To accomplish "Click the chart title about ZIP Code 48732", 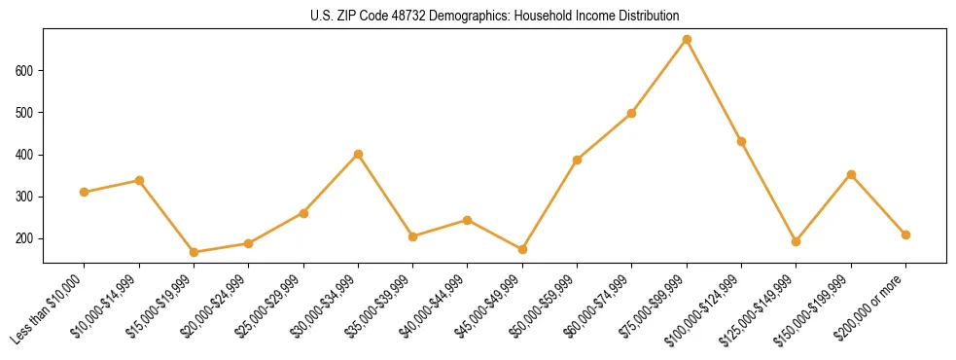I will coord(495,17).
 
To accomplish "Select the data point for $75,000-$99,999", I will coord(687,40).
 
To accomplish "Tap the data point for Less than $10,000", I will coord(85,192).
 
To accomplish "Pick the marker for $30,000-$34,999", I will coord(358,154).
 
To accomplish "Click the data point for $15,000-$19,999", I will coord(194,252).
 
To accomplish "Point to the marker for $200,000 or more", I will coord(905,234).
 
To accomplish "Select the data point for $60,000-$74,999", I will coord(632,113).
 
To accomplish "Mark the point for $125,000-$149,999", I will coord(796,241).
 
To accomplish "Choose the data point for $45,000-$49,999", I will coord(522,249).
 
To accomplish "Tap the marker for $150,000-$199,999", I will coord(851,174).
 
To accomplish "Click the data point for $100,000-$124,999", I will coord(741,141).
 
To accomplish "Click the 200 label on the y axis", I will coord(26,238).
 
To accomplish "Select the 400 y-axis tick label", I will coord(26,155).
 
